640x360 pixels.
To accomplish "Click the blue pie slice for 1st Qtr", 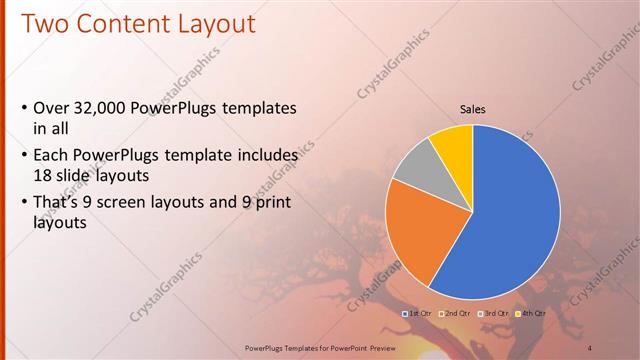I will [510, 220].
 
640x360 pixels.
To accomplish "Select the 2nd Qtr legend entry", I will [455, 313].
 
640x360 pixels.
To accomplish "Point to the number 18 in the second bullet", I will [43, 173].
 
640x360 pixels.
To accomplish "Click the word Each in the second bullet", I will [51, 156].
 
